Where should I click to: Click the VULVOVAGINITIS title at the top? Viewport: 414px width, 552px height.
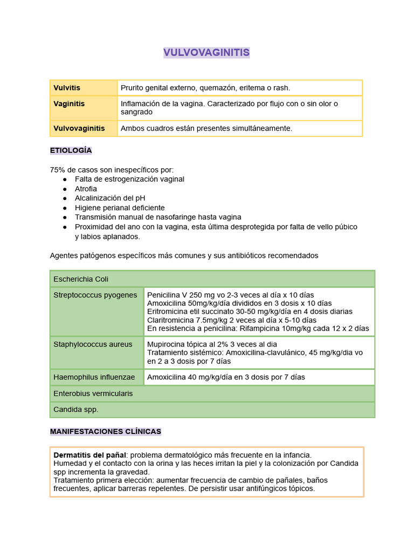(x=206, y=52)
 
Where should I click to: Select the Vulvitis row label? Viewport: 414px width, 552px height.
(x=67, y=87)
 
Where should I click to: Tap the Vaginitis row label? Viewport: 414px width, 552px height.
(x=69, y=103)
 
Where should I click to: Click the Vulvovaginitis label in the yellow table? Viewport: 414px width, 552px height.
(x=79, y=128)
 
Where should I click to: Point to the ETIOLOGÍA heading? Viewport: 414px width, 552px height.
(x=71, y=150)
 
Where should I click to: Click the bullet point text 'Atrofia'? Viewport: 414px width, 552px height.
(x=86, y=189)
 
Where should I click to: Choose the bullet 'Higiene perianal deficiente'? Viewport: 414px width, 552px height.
(x=120, y=208)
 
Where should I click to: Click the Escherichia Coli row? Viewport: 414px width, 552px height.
(x=81, y=279)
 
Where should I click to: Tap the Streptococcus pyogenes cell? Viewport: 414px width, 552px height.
(x=95, y=295)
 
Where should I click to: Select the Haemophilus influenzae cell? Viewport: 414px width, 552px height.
(x=94, y=377)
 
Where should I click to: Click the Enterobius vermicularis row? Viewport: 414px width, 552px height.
(x=93, y=394)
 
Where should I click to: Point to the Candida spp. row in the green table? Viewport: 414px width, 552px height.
(x=76, y=410)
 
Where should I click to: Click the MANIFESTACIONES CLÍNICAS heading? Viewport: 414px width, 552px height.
(x=105, y=432)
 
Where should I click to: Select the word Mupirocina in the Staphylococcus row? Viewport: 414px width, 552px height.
(x=167, y=344)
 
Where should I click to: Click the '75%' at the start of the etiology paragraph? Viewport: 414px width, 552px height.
(x=57, y=170)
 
